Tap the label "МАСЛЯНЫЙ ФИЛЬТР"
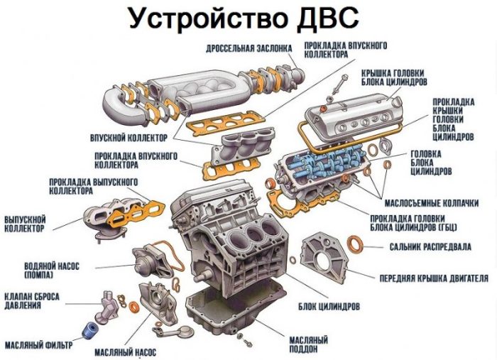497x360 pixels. point(38,345)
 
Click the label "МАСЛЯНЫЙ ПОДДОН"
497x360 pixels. point(308,345)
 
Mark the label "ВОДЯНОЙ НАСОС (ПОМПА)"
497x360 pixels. point(52,269)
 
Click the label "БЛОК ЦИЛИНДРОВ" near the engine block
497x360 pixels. point(329,307)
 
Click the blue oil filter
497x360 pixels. point(88,329)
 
